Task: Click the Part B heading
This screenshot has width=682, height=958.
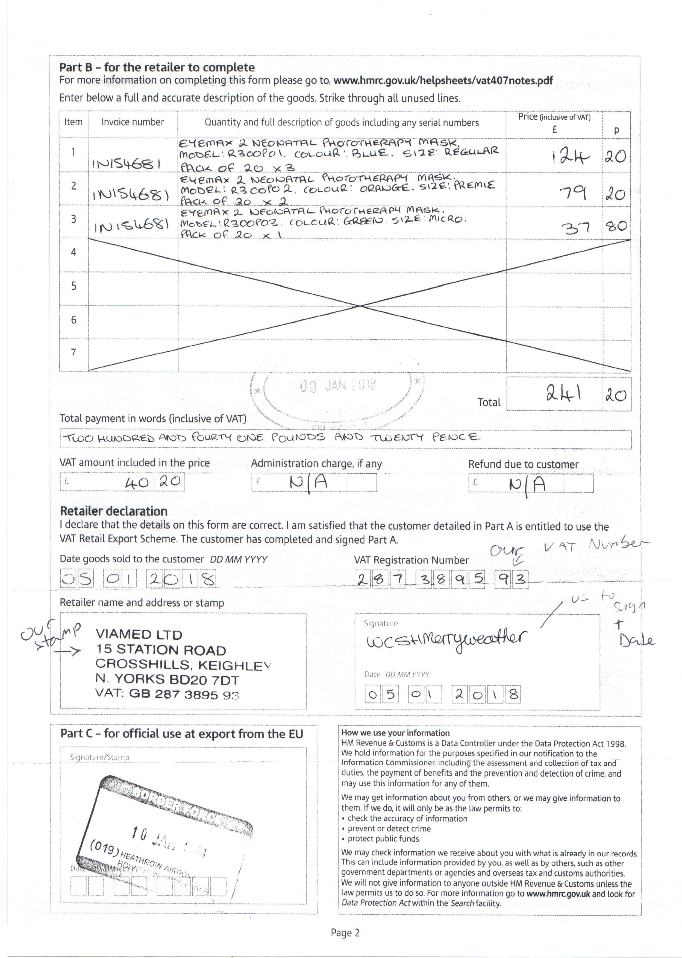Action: coord(157,67)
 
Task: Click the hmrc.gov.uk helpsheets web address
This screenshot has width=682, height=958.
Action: coord(443,80)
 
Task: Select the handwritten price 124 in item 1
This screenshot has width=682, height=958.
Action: coord(570,157)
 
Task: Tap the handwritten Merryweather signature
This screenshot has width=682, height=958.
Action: coord(446,639)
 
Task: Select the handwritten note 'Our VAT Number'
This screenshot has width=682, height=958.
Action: coord(569,548)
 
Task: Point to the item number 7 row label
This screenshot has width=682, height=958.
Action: coord(74,352)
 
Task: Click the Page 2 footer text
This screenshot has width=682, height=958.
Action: coord(345,933)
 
